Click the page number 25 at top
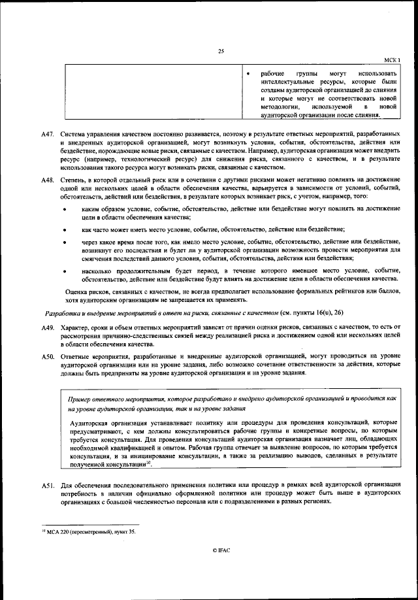point(221,52)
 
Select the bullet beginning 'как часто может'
point(64,229)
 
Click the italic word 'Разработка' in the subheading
point(59,312)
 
